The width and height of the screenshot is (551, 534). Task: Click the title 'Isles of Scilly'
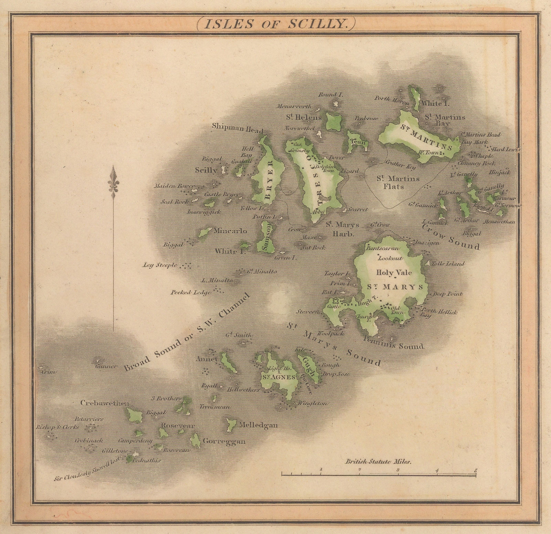tap(275, 23)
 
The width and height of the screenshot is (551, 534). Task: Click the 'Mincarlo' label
tap(230, 230)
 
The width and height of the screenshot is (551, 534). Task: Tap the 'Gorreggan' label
tap(224, 441)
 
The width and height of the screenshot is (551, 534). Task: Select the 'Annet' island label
tap(211, 359)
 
